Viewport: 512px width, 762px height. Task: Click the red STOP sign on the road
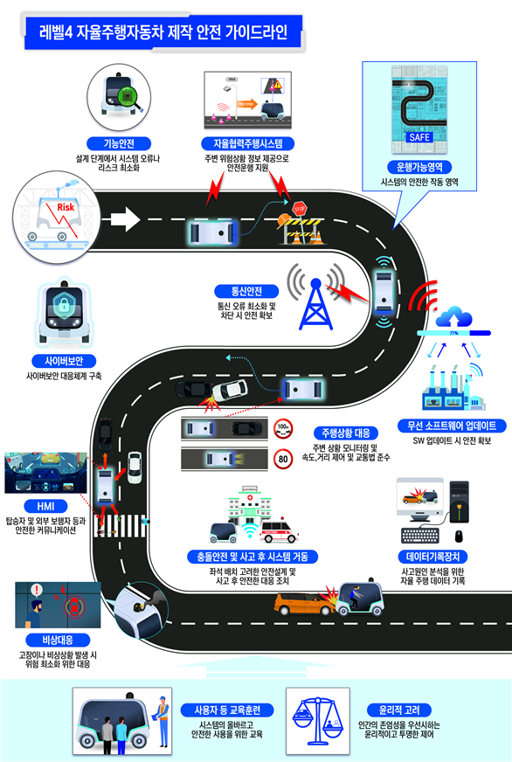(x=299, y=209)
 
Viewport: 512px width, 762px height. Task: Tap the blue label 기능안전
(x=119, y=143)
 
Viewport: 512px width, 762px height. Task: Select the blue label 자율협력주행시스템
(x=248, y=143)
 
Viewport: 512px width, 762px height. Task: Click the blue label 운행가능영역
(x=419, y=167)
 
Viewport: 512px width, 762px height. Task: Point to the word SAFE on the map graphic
(x=419, y=137)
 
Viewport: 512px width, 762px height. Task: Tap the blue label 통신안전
(x=246, y=291)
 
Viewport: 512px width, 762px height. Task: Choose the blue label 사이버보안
(x=64, y=361)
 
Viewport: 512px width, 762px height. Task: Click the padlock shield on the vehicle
(x=64, y=305)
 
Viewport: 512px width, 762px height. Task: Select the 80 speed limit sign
(x=283, y=460)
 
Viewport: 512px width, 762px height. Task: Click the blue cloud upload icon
(x=453, y=317)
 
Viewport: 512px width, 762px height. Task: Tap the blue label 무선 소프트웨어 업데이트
(x=452, y=426)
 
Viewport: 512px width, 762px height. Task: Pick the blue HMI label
(x=45, y=506)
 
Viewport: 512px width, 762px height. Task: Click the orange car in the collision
(x=303, y=604)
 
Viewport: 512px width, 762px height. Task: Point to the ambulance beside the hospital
(x=280, y=531)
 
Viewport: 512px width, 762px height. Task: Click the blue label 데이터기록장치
(x=432, y=557)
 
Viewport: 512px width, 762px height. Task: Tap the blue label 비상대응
(x=58, y=640)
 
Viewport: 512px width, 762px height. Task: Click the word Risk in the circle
(x=66, y=207)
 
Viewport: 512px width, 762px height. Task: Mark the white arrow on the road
(x=125, y=218)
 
